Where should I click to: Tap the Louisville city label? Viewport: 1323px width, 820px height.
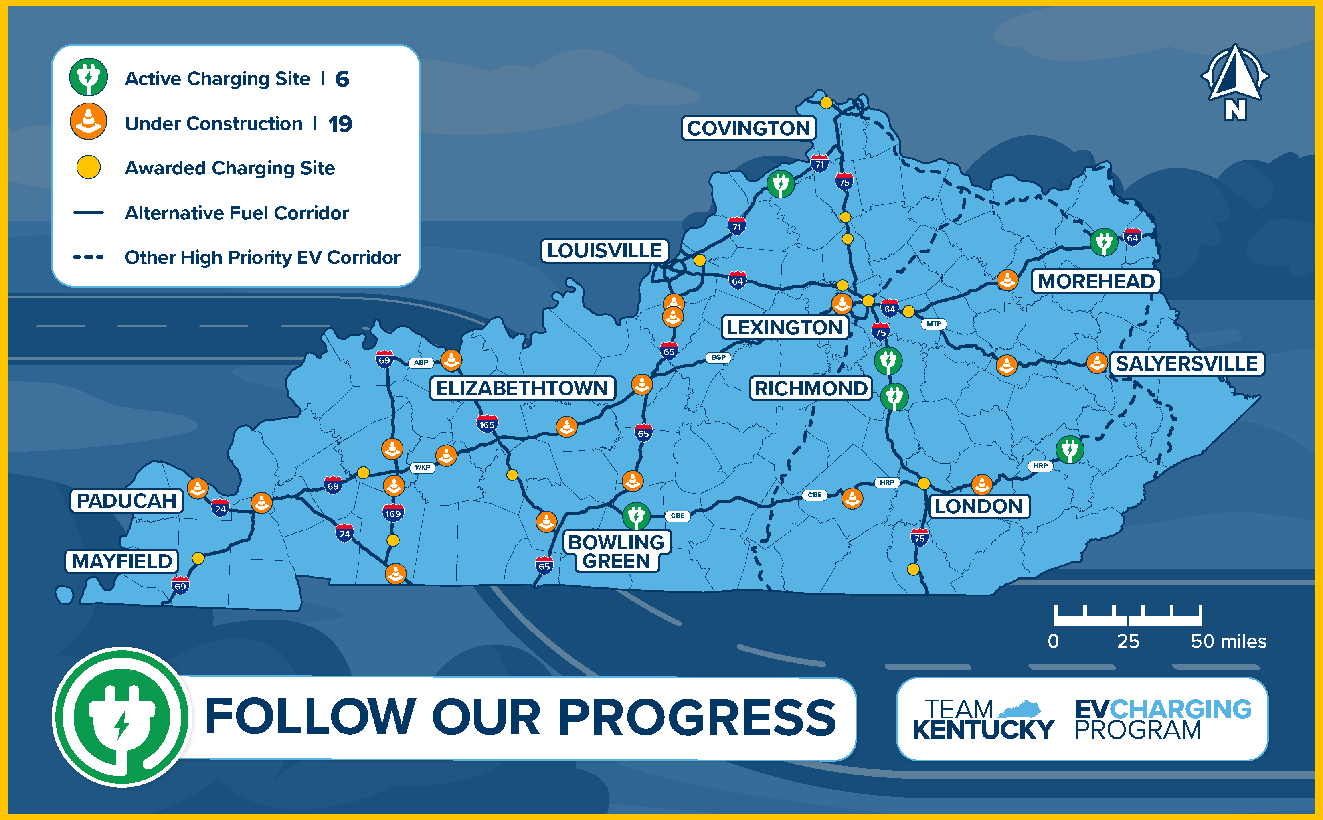(x=605, y=251)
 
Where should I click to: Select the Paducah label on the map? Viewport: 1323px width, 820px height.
(x=126, y=500)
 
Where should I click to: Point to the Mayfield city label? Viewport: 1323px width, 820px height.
(x=122, y=561)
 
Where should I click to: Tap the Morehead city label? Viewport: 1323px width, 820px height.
(x=1096, y=281)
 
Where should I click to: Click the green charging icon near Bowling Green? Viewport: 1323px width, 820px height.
(x=636, y=516)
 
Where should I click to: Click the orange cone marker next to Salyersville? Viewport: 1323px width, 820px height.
(x=1096, y=363)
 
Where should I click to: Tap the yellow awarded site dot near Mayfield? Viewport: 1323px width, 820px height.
(x=198, y=558)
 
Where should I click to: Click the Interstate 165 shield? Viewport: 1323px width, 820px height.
(x=487, y=424)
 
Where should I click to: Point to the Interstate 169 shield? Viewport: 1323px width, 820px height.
(x=393, y=513)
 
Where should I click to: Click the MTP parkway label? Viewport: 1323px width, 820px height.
(x=934, y=324)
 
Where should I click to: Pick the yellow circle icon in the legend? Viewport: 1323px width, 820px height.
(x=88, y=168)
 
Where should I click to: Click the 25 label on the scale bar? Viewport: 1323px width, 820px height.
(x=1128, y=642)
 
